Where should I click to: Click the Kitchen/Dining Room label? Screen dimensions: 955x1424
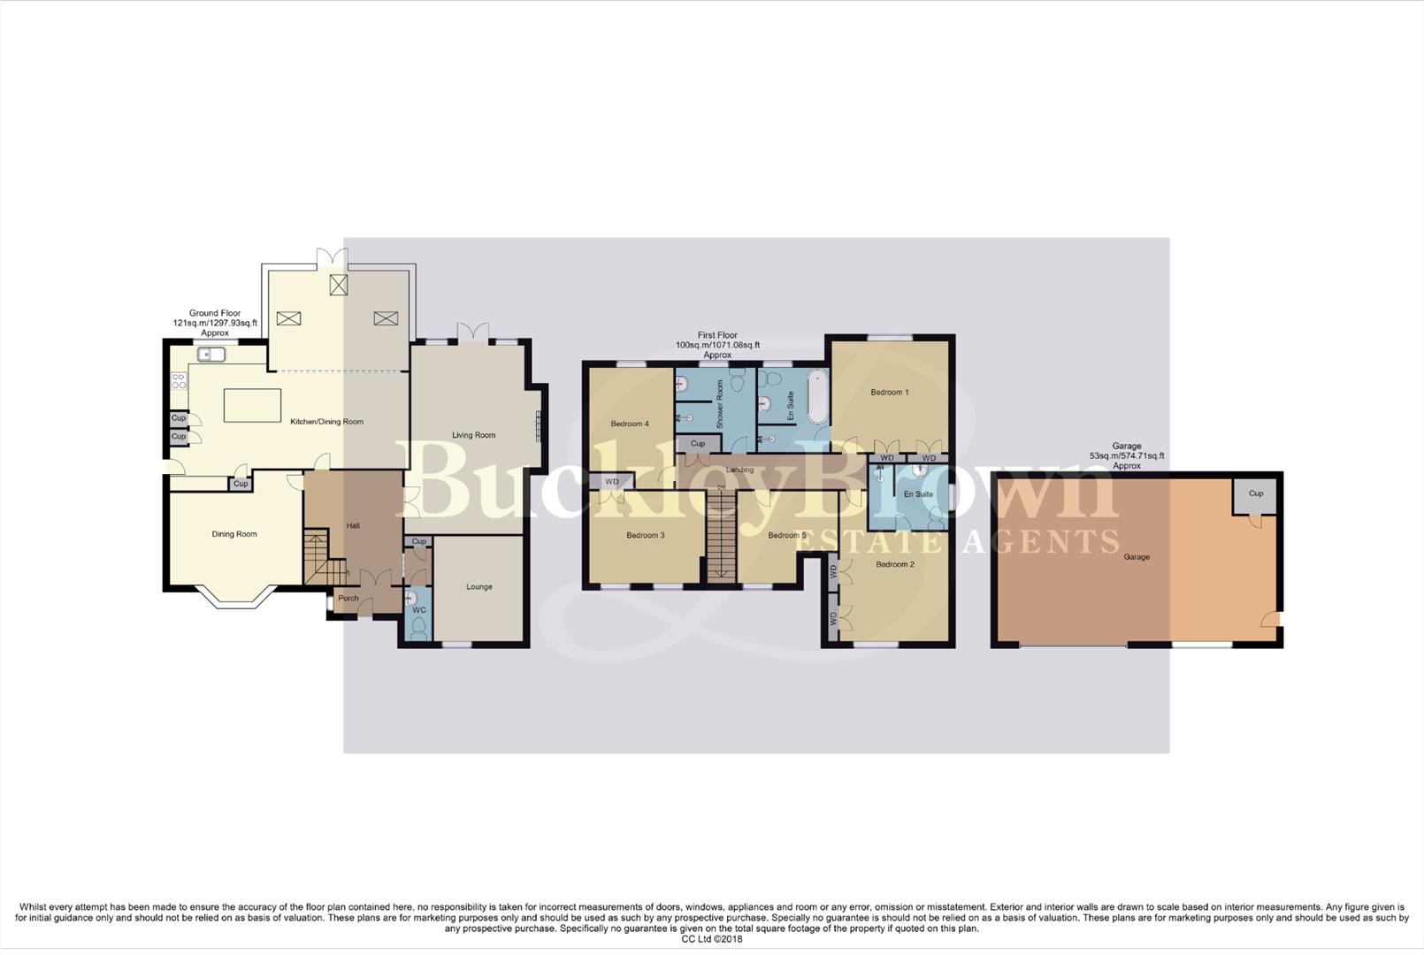point(326,422)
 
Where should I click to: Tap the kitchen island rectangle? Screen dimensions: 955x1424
point(252,406)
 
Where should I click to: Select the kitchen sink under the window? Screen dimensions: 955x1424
point(211,355)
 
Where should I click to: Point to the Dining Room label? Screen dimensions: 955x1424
point(234,534)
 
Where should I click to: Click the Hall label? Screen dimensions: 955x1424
point(353,526)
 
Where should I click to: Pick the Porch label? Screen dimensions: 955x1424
point(348,599)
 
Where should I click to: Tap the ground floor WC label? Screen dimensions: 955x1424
point(418,610)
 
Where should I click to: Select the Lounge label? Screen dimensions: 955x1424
point(478,587)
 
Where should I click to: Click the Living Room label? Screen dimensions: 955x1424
point(473,435)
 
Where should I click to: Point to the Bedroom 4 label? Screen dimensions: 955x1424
point(629,424)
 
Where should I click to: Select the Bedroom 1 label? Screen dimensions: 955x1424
point(889,393)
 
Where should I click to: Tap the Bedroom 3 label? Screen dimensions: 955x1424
point(645,535)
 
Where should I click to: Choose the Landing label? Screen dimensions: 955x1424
point(739,470)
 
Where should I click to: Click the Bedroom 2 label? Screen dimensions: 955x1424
point(894,564)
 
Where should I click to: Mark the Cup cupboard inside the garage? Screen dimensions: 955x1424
point(1255,494)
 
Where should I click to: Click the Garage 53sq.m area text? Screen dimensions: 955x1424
point(1126,456)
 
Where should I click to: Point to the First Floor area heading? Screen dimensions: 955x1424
point(716,345)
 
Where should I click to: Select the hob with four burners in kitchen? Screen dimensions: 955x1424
point(178,381)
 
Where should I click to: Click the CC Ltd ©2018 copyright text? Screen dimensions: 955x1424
point(711,939)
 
